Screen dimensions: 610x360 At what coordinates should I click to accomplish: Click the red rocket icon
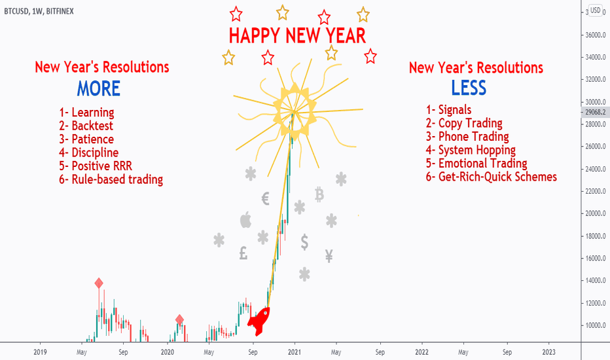(259, 321)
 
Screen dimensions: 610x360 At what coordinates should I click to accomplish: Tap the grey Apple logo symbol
(245, 220)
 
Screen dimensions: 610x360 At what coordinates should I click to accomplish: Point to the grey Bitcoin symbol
(319, 194)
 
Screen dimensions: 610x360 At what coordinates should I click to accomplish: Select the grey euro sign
(265, 198)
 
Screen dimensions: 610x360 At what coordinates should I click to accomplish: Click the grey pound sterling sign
(243, 253)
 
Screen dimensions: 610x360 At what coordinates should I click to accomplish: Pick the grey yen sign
(329, 256)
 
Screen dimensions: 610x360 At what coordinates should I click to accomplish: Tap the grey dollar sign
(304, 242)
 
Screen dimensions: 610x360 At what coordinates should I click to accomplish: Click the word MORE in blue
(98, 88)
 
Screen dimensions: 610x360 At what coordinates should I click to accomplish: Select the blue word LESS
(469, 88)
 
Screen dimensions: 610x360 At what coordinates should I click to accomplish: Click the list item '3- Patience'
(86, 139)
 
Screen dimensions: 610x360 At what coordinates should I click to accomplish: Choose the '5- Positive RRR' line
(96, 166)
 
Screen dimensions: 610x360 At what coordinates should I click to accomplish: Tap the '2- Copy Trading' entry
(464, 123)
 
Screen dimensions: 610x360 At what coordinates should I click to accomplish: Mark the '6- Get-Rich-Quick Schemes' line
(492, 177)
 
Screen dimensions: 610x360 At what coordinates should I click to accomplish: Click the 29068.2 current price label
(595, 113)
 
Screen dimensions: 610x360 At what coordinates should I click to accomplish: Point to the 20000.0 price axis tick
(596, 213)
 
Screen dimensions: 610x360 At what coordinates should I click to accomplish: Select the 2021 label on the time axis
(295, 352)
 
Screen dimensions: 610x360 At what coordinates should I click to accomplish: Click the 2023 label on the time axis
(548, 352)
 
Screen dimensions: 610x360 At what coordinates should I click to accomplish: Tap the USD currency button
(595, 10)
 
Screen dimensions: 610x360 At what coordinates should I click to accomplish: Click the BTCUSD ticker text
(16, 11)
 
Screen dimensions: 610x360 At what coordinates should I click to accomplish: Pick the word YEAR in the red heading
(346, 36)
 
